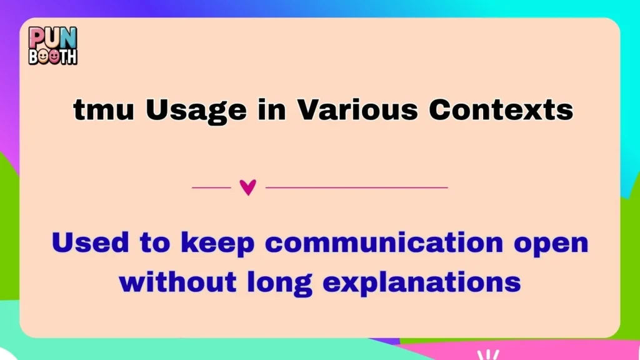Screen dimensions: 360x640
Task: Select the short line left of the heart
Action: tap(211, 187)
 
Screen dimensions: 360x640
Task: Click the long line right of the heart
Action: tap(356, 187)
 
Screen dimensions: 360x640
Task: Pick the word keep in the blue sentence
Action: tap(217, 244)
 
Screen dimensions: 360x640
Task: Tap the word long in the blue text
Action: tap(284, 283)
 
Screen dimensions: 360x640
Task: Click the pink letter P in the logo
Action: tap(37, 37)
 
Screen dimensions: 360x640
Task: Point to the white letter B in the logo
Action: tap(32, 56)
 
